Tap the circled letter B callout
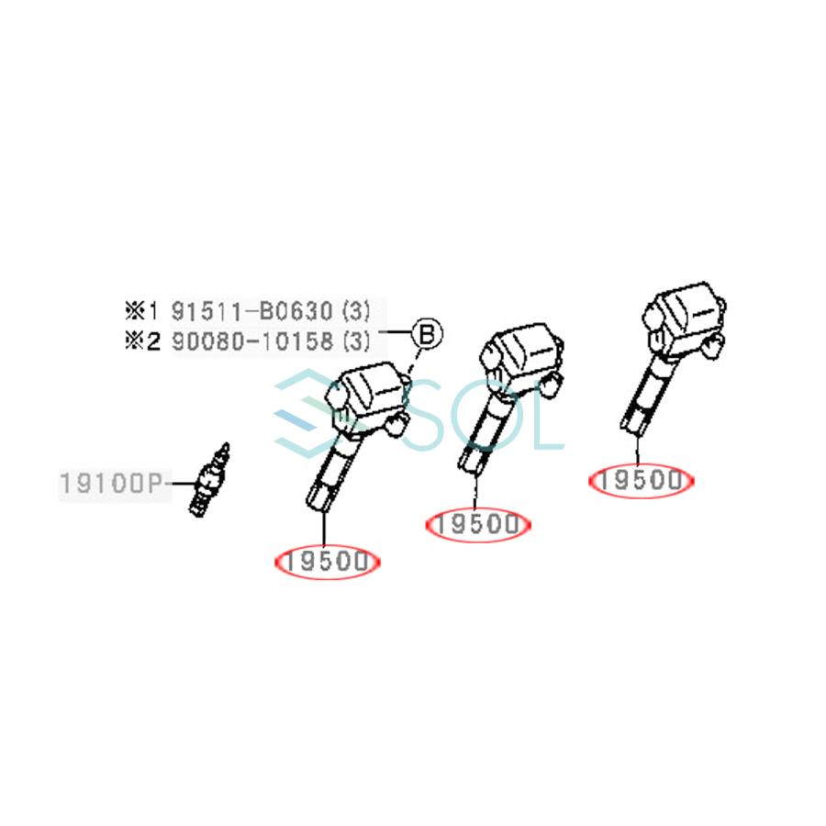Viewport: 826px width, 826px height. (426, 332)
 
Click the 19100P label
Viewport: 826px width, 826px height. (113, 482)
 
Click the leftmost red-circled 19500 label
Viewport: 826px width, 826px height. (327, 562)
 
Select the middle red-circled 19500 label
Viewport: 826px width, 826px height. (479, 524)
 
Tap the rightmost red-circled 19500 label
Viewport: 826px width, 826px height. (642, 479)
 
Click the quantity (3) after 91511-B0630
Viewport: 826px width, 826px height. (355, 310)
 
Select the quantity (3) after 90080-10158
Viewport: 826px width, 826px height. (355, 342)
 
